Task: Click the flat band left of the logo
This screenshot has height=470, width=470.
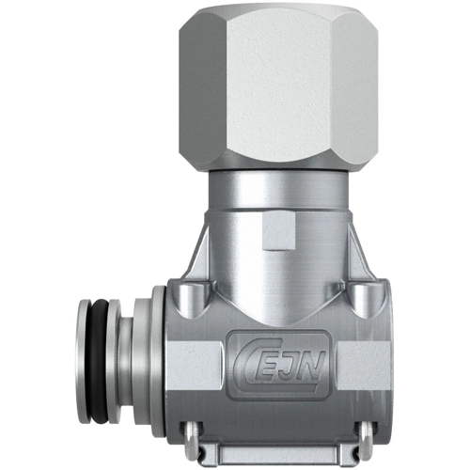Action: [x=192, y=361]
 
